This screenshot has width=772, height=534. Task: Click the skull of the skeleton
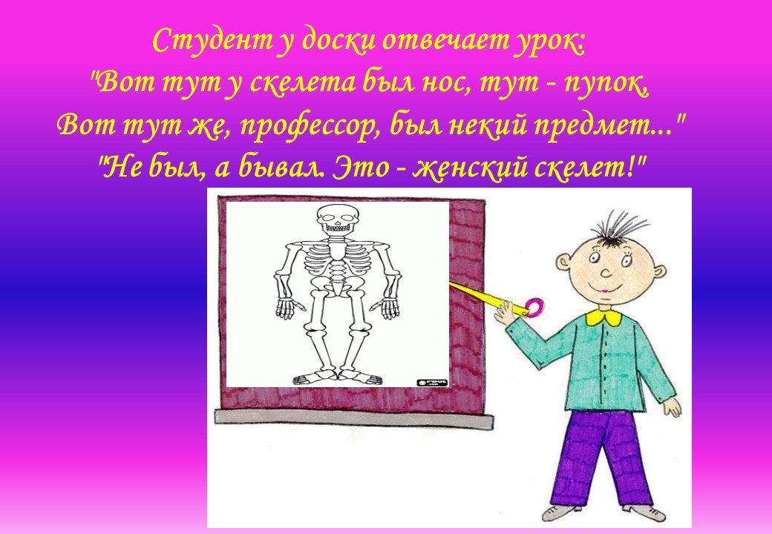337,219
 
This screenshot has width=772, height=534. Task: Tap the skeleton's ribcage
338,260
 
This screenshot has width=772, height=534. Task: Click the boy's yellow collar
603,317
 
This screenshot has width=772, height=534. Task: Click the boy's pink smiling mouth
605,289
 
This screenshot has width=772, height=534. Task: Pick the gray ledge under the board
354,418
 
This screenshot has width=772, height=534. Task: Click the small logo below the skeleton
432,382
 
